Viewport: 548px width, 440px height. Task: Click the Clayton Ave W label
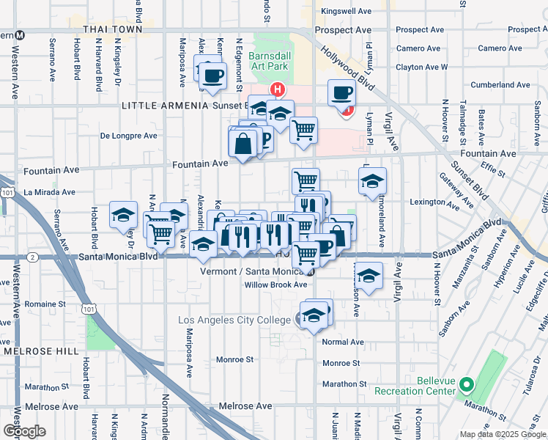pyautogui.click(x=421, y=67)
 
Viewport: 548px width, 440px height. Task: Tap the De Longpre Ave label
pyautogui.click(x=129, y=136)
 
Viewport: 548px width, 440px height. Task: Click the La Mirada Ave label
pyautogui.click(x=50, y=192)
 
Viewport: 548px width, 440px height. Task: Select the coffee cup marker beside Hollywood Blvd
pyautogui.click(x=341, y=94)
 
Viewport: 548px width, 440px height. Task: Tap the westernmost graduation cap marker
pyautogui.click(x=123, y=216)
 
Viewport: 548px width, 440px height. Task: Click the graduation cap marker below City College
pyautogui.click(x=314, y=315)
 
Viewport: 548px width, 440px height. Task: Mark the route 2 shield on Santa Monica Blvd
pyautogui.click(x=33, y=257)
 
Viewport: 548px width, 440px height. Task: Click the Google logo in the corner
pyautogui.click(x=23, y=431)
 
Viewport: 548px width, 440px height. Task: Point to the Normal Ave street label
pyautogui.click(x=343, y=342)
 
